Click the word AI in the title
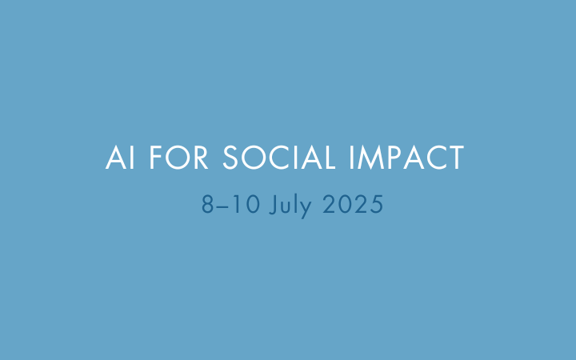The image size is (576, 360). [x=120, y=158]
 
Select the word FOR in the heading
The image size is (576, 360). [x=179, y=158]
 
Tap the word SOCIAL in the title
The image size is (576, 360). [x=279, y=158]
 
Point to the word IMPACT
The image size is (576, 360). [x=406, y=158]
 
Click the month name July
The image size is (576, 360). [x=290, y=205]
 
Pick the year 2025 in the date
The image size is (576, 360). [x=353, y=204]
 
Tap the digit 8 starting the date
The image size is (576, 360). [x=207, y=204]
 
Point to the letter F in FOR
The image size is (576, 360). [x=156, y=158]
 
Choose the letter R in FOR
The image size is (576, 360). [x=201, y=158]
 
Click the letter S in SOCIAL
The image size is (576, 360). [x=230, y=158]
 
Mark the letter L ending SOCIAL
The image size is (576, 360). [x=329, y=158]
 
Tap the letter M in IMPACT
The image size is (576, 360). [x=370, y=158]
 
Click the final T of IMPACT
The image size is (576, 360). [x=455, y=158]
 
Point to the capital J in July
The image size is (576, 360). [x=273, y=205]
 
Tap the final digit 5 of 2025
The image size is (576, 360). [x=377, y=204]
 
